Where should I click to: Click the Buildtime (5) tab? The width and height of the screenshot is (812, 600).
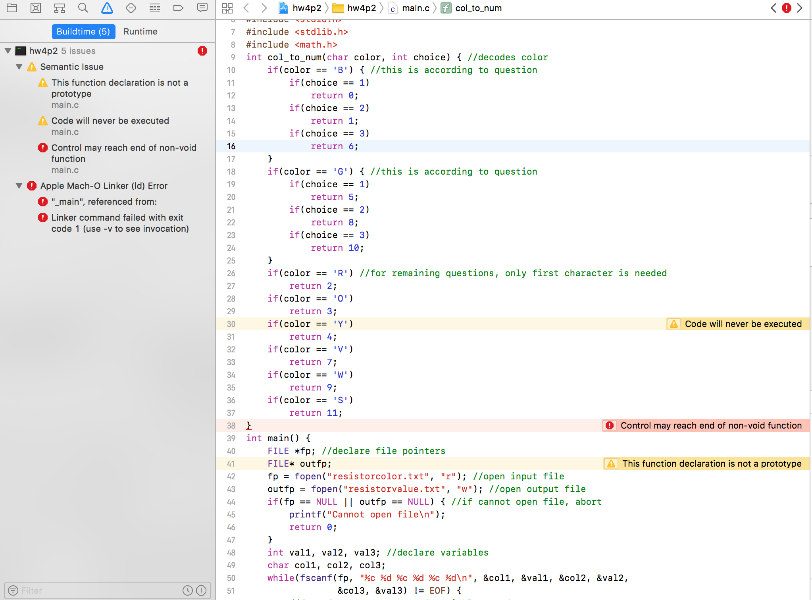point(83,32)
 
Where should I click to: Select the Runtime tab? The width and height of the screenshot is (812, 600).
point(140,32)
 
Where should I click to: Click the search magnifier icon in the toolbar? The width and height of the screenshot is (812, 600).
point(83,8)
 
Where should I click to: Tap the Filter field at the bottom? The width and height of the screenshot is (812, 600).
point(95,590)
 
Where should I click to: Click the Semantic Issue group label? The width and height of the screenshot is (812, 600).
point(72,67)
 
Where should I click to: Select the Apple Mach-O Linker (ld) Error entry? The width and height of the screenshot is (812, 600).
point(104,186)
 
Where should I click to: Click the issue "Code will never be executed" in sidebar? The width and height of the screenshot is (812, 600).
point(110,121)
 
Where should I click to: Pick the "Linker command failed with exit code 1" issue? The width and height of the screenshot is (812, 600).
point(120,223)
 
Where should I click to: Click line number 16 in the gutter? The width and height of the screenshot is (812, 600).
point(231,146)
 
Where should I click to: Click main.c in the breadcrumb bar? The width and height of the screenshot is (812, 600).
point(416,8)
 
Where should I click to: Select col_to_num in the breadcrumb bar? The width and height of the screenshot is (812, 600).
point(478,8)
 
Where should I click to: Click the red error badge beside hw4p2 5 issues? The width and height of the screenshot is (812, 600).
point(202,51)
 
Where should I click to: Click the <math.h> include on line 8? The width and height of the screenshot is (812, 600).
point(316,44)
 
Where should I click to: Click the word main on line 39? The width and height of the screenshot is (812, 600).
point(278,438)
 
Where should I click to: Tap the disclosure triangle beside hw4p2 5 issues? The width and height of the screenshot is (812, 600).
point(8,51)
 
